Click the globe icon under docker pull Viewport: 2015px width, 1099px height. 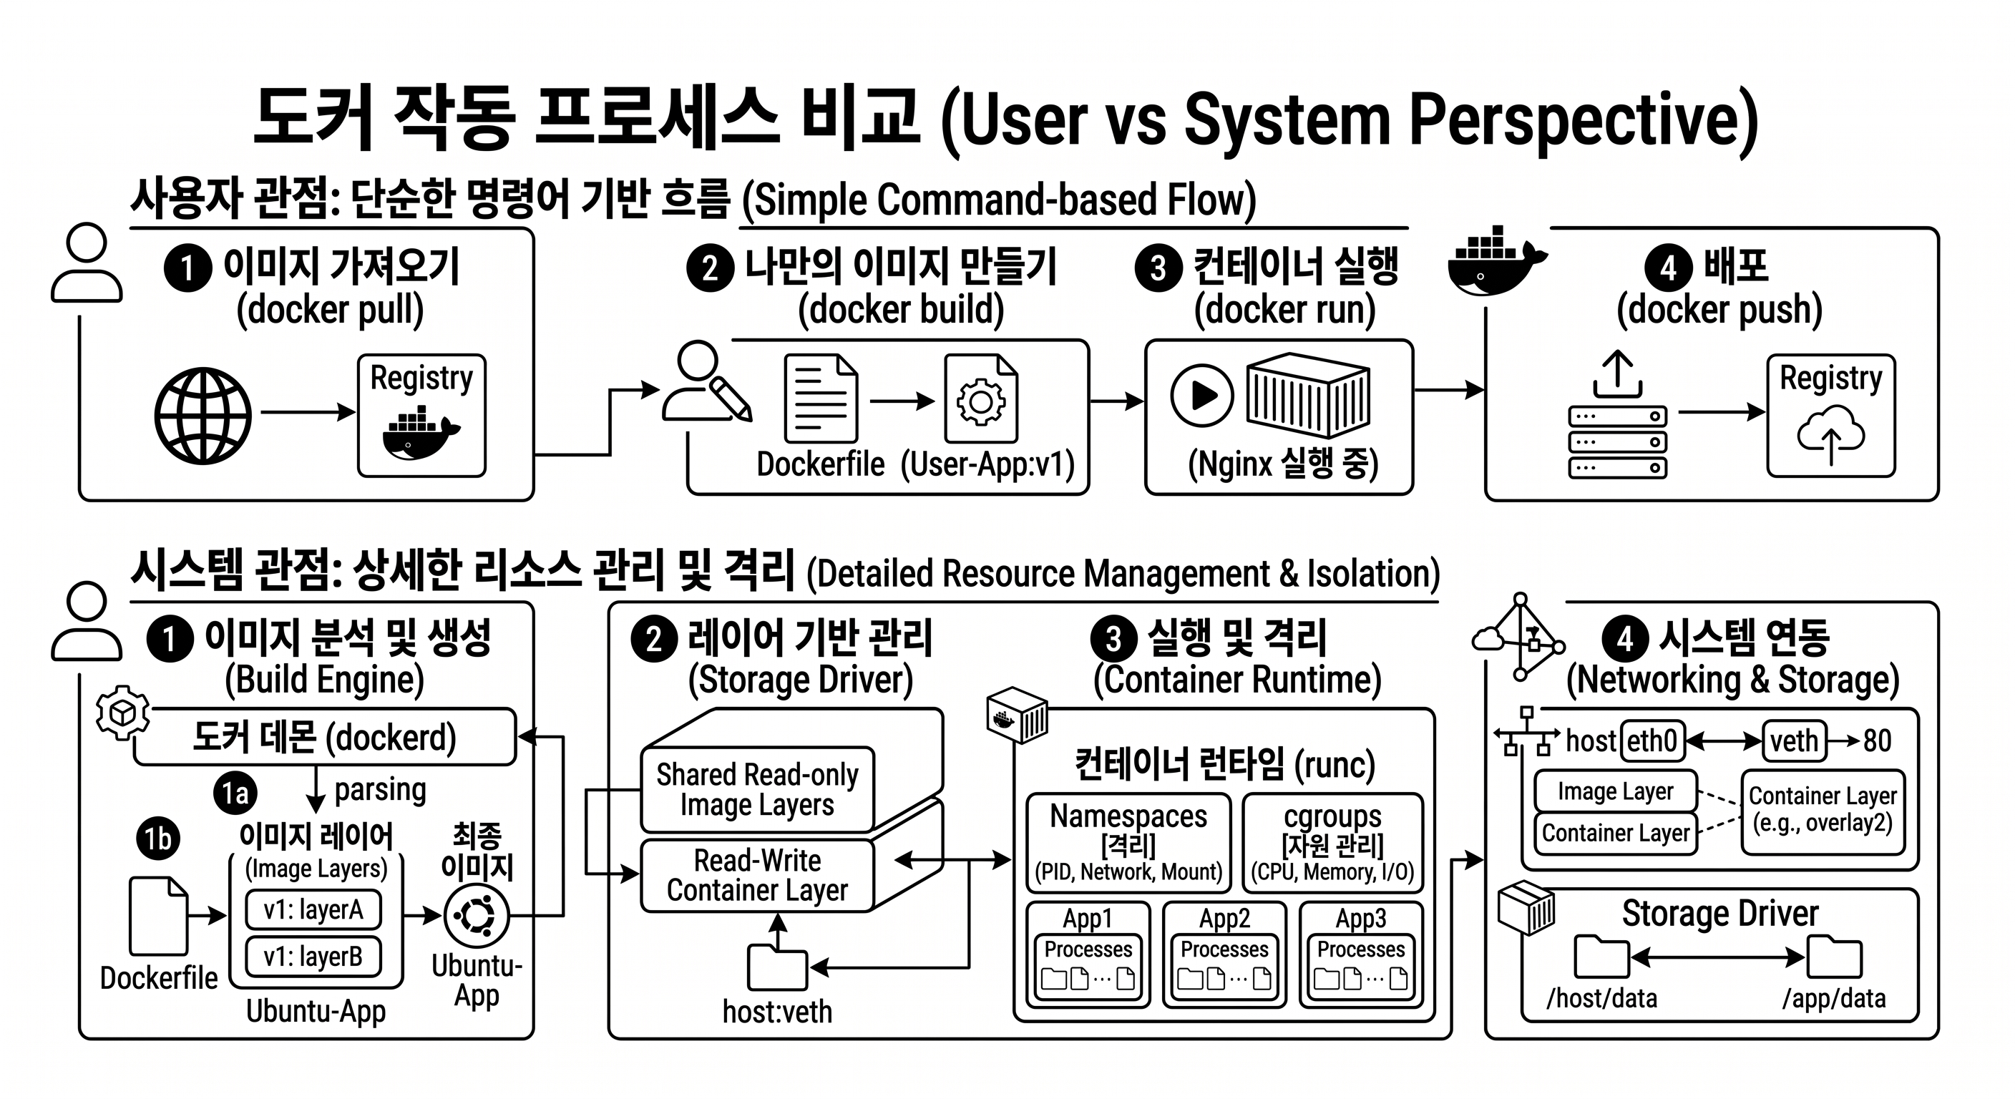click(203, 416)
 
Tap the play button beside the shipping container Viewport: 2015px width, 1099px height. click(1202, 395)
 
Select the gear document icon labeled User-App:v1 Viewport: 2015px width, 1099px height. click(981, 399)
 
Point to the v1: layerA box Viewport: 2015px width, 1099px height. click(313, 909)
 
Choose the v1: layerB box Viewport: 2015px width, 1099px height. click(313, 957)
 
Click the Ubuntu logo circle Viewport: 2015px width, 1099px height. click(477, 915)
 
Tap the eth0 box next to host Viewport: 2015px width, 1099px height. click(1653, 740)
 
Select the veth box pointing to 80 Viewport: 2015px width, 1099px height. click(1795, 740)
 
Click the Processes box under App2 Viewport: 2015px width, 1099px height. click(1224, 966)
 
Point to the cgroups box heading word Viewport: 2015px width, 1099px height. click(1333, 816)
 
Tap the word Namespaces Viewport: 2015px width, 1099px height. click(1128, 816)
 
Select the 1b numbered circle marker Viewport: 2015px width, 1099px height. click(158, 839)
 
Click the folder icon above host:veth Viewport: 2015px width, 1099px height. click(777, 967)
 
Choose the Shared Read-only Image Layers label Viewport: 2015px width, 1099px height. click(757, 789)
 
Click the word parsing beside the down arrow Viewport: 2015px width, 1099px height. click(380, 790)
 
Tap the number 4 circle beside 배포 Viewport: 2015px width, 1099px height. click(1669, 268)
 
